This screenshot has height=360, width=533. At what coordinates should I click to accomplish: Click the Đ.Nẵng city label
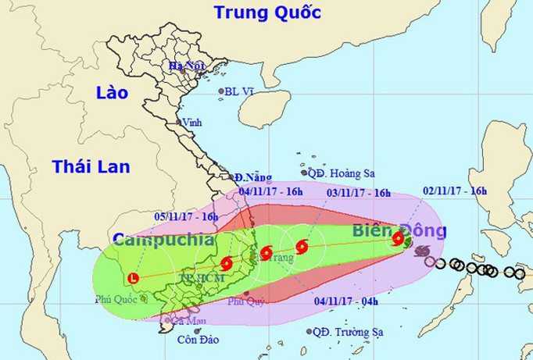coord(250,177)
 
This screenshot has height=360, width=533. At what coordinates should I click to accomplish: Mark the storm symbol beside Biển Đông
coord(399,238)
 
